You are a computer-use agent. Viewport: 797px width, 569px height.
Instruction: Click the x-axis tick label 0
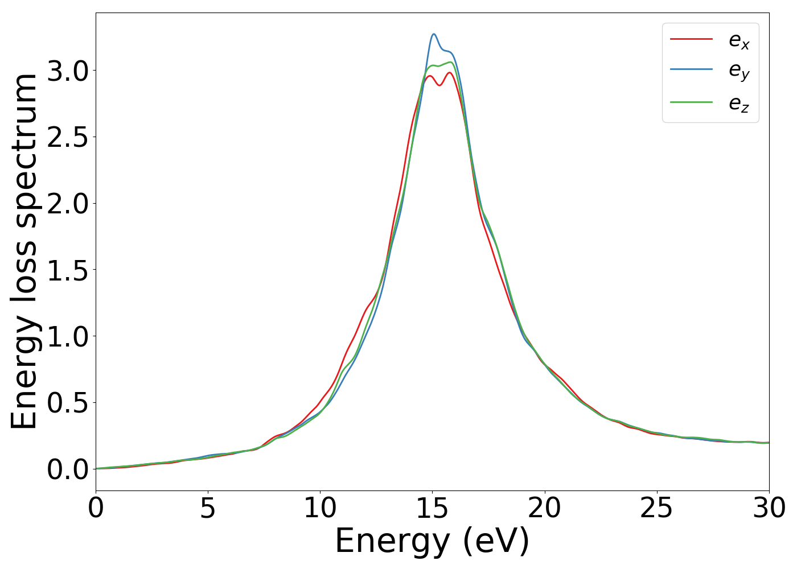click(96, 508)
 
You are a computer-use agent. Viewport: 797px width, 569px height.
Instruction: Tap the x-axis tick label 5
click(208, 508)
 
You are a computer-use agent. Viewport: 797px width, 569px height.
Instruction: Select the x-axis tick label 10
click(320, 508)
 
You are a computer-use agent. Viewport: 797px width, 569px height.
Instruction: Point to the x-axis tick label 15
click(432, 508)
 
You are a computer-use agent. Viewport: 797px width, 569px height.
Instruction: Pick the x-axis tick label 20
click(544, 508)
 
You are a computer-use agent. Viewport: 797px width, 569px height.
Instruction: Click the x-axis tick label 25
click(656, 508)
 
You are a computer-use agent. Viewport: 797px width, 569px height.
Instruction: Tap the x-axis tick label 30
click(769, 508)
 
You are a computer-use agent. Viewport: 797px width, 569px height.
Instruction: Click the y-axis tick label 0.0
click(68, 470)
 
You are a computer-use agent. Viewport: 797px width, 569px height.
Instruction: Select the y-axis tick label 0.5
click(68, 403)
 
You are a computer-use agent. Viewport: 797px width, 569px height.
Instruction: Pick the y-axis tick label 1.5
click(68, 270)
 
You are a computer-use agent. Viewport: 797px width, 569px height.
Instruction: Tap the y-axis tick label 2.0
click(68, 204)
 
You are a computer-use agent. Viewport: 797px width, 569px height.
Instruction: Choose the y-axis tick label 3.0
click(68, 71)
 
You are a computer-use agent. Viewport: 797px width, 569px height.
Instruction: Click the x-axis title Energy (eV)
click(432, 541)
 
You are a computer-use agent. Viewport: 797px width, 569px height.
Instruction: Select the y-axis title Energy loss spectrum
click(24, 251)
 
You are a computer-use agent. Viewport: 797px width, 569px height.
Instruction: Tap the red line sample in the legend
click(691, 39)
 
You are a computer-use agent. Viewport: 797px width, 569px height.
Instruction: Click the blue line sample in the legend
click(691, 69)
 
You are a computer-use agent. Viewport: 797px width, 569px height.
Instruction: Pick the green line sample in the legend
click(691, 102)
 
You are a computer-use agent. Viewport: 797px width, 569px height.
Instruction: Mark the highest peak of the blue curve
click(434, 34)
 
